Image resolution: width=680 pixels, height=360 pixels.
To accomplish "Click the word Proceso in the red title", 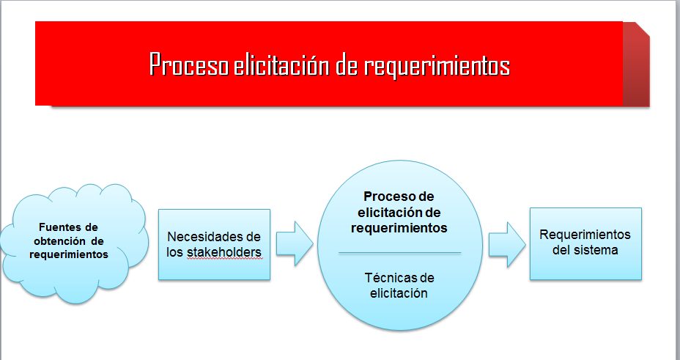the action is pos(188,65).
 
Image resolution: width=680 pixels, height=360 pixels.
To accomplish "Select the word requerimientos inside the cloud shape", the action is pos(69,254).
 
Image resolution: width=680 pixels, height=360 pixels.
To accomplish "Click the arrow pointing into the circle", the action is pos(295,243).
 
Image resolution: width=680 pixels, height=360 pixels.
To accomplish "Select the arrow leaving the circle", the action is pos(507,245).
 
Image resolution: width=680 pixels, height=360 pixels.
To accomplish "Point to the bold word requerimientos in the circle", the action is pos(399,228).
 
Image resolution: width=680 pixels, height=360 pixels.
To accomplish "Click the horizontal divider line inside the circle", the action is pos(399,253).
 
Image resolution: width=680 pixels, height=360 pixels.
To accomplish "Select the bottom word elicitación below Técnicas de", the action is pos(399,293).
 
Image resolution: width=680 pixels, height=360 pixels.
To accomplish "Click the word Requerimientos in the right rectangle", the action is pos(585,235).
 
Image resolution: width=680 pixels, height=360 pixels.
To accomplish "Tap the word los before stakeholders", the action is pos(175,252).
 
